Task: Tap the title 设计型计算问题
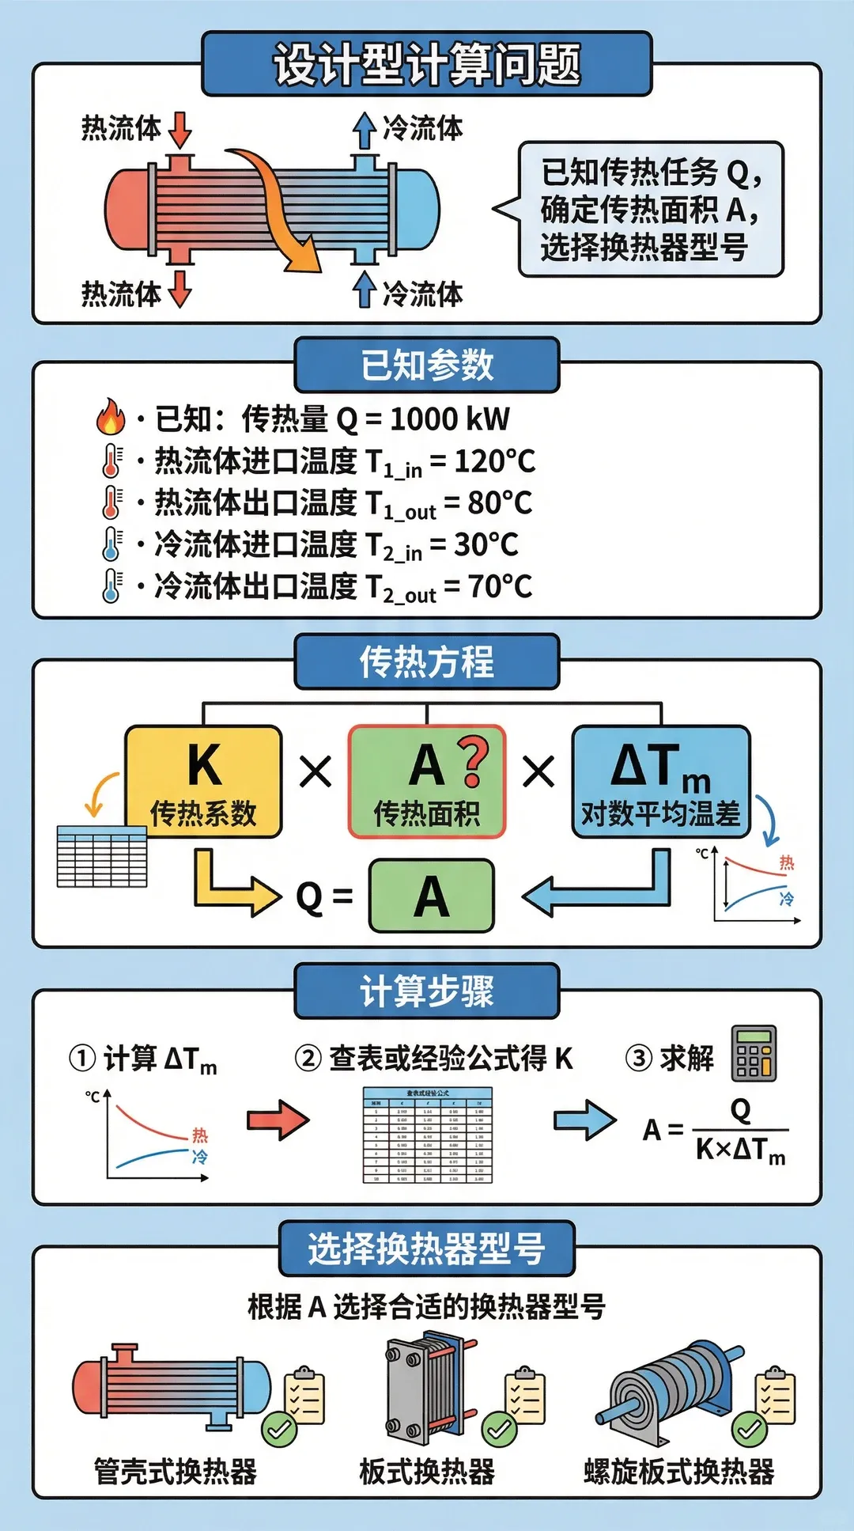pos(427,64)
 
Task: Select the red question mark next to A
pos(473,762)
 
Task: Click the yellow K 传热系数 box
pos(204,782)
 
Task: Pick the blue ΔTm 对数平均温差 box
pos(660,782)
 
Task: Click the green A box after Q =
pos(432,896)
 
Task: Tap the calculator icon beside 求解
pos(754,1054)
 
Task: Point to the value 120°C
pos(494,460)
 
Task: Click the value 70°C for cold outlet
pos(500,586)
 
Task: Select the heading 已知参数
pos(427,365)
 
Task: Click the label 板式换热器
pos(427,1471)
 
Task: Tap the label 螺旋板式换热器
pos(678,1471)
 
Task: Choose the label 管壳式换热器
pos(176,1471)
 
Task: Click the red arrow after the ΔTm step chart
pos(278,1120)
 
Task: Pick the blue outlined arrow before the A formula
pos(584,1120)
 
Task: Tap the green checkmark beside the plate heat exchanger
pos(499,1429)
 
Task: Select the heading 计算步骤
pos(427,991)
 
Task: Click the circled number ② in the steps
pos(308,1058)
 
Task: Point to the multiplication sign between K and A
pos(316,771)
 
